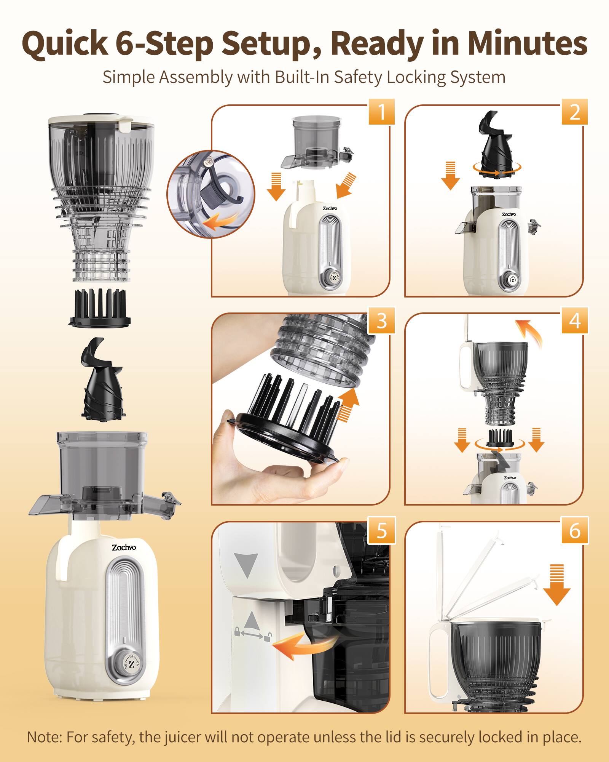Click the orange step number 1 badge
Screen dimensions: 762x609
coord(381,112)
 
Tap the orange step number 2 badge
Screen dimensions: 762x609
coord(575,112)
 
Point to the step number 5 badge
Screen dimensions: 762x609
coord(381,530)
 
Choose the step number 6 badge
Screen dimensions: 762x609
coord(575,530)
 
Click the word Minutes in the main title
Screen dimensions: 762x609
coord(527,43)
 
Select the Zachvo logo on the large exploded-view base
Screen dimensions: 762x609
coord(124,547)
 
